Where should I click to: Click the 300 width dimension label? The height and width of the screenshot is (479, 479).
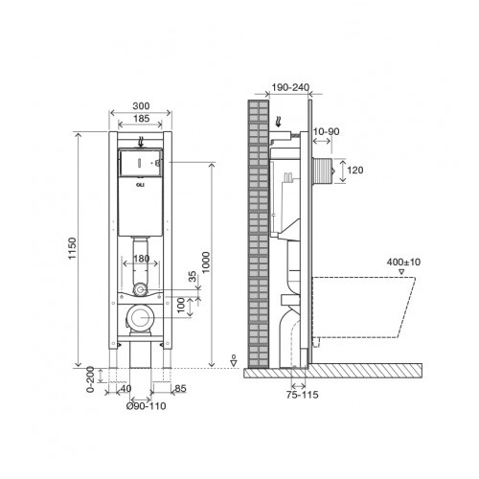[x=141, y=105]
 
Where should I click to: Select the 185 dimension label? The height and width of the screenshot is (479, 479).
[x=141, y=119]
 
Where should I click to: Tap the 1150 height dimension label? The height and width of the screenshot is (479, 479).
[x=73, y=248]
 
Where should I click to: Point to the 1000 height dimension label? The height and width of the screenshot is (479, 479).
[x=206, y=262]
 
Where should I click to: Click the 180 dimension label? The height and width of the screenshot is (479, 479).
[x=141, y=259]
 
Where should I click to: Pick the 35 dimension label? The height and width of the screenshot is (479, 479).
[x=193, y=277]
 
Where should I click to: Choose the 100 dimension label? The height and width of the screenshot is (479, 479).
[x=181, y=305]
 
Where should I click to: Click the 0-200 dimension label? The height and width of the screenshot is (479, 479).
[x=91, y=379]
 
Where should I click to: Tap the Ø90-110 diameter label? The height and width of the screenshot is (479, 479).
[x=146, y=406]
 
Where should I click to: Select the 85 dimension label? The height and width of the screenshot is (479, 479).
[x=180, y=389]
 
